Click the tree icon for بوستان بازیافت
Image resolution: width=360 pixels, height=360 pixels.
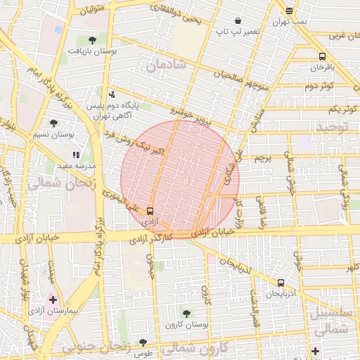[92, 40]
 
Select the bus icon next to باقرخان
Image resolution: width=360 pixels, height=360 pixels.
[322, 56]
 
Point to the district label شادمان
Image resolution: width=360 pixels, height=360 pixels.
[166, 65]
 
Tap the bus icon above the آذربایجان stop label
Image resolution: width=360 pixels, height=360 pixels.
[281, 283]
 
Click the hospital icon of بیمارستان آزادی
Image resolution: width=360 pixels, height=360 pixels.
[53, 300]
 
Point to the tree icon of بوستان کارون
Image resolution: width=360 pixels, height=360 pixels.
[186, 314]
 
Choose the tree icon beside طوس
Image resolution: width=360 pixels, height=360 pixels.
[143, 342]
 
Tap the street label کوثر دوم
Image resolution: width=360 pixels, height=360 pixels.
[319, 86]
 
